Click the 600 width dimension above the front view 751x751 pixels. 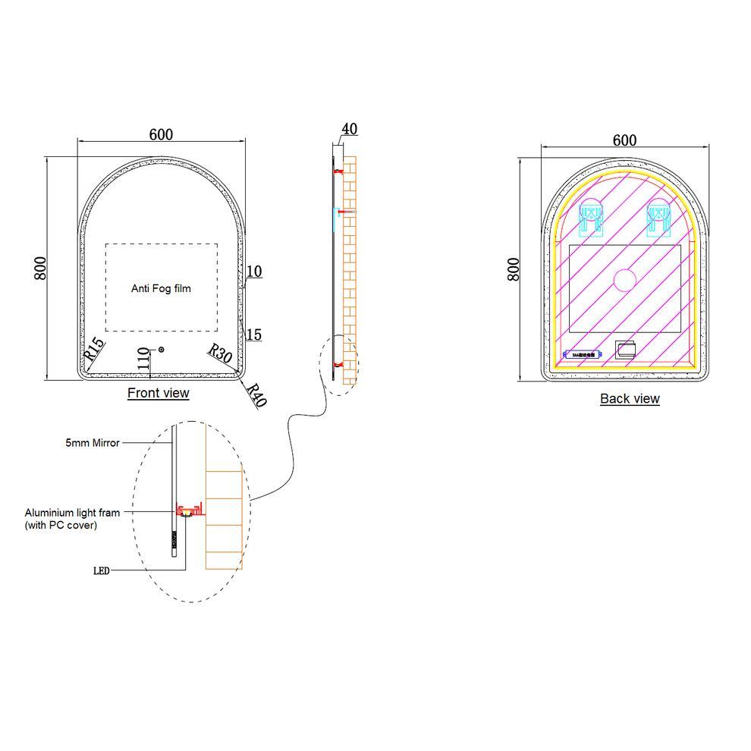coord(161,134)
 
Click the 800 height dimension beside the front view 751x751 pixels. coord(42,268)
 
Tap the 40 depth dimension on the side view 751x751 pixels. coord(349,129)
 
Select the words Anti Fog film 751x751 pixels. coord(161,288)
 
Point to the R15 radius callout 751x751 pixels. coord(93,349)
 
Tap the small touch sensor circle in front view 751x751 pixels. coord(160,349)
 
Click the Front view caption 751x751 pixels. coord(158,393)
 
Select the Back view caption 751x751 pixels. coord(630,399)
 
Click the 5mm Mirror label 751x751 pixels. coord(92,443)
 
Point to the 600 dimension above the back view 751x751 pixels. coord(624,140)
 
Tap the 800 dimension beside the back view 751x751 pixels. coord(514,269)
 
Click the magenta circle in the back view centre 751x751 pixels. coord(624,281)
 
